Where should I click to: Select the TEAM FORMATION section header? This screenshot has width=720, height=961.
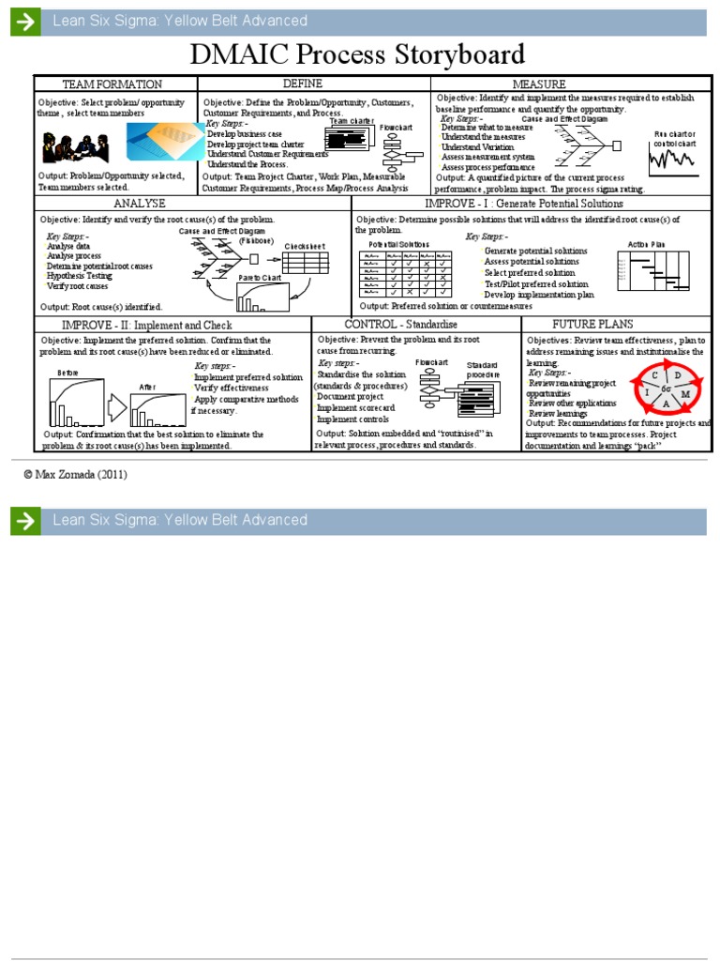112,84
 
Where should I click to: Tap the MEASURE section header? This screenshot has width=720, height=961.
565,84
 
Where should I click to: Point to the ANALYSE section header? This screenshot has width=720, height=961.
140,204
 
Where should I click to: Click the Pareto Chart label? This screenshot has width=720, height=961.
261,279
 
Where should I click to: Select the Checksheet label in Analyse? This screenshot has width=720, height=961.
305,246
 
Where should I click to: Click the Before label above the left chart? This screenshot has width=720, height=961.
67,373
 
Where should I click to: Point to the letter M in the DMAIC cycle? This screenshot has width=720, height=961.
686,394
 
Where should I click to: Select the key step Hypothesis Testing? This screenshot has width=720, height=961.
79,276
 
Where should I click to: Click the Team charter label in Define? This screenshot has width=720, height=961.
351,121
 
